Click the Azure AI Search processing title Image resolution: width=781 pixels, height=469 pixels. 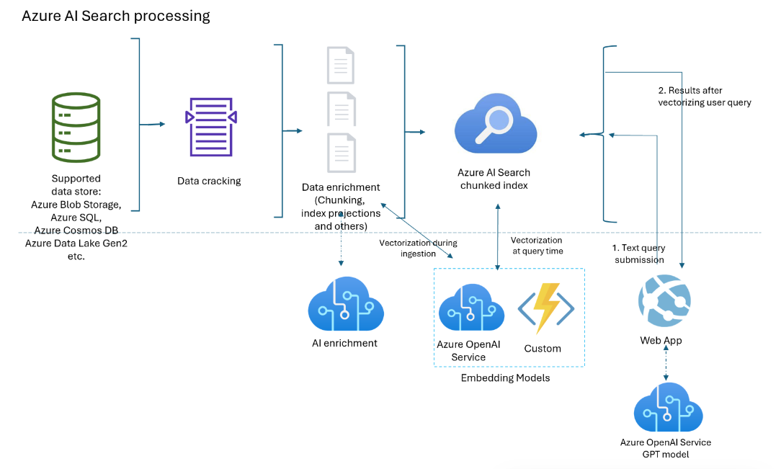pyautogui.click(x=116, y=16)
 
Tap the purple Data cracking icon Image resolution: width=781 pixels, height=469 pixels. pyautogui.click(x=210, y=127)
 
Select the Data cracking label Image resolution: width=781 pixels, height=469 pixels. pyautogui.click(x=209, y=181)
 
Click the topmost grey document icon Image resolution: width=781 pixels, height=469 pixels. pyautogui.click(x=340, y=64)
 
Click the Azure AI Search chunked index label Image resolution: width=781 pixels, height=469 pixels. pyautogui.click(x=494, y=179)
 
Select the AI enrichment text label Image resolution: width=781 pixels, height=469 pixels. pyautogui.click(x=345, y=343)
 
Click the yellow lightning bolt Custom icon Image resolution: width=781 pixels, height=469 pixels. pyautogui.click(x=545, y=308)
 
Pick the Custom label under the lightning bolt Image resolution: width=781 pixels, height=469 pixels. pyautogui.click(x=543, y=349)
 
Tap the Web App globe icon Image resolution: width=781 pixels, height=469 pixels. pyautogui.click(x=664, y=303)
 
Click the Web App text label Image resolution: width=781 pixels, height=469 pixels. pyautogui.click(x=661, y=340)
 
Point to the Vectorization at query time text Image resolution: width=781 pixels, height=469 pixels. pyautogui.click(x=537, y=245)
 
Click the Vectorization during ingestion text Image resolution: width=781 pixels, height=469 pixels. pyautogui.click(x=418, y=248)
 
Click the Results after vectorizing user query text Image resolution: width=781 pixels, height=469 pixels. pyautogui.click(x=704, y=97)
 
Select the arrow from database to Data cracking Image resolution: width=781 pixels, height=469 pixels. pyautogui.click(x=151, y=125)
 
